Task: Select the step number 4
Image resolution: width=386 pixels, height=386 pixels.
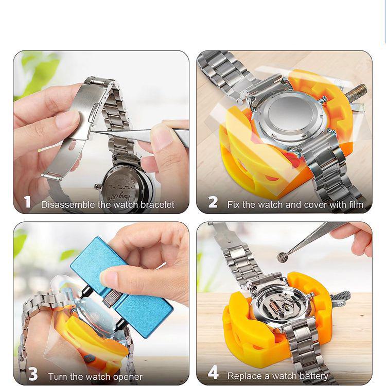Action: pos(213,374)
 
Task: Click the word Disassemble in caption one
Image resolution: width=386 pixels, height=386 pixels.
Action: pos(65,204)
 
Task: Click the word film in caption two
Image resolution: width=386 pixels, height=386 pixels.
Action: pos(355,204)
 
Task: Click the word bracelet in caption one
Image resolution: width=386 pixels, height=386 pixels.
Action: pos(156,204)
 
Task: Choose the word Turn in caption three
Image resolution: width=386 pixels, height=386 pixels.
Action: pos(58,377)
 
